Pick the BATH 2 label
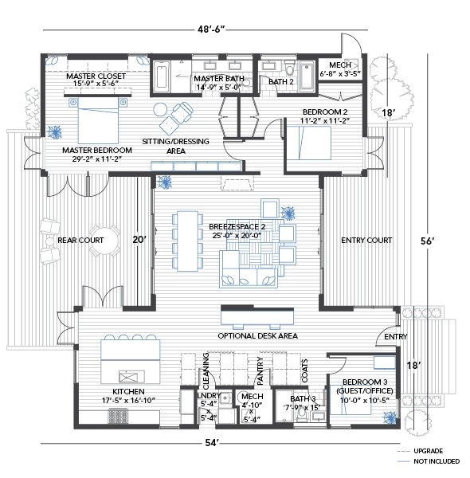280,81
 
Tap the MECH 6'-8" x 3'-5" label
340,69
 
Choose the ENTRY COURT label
366,240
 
